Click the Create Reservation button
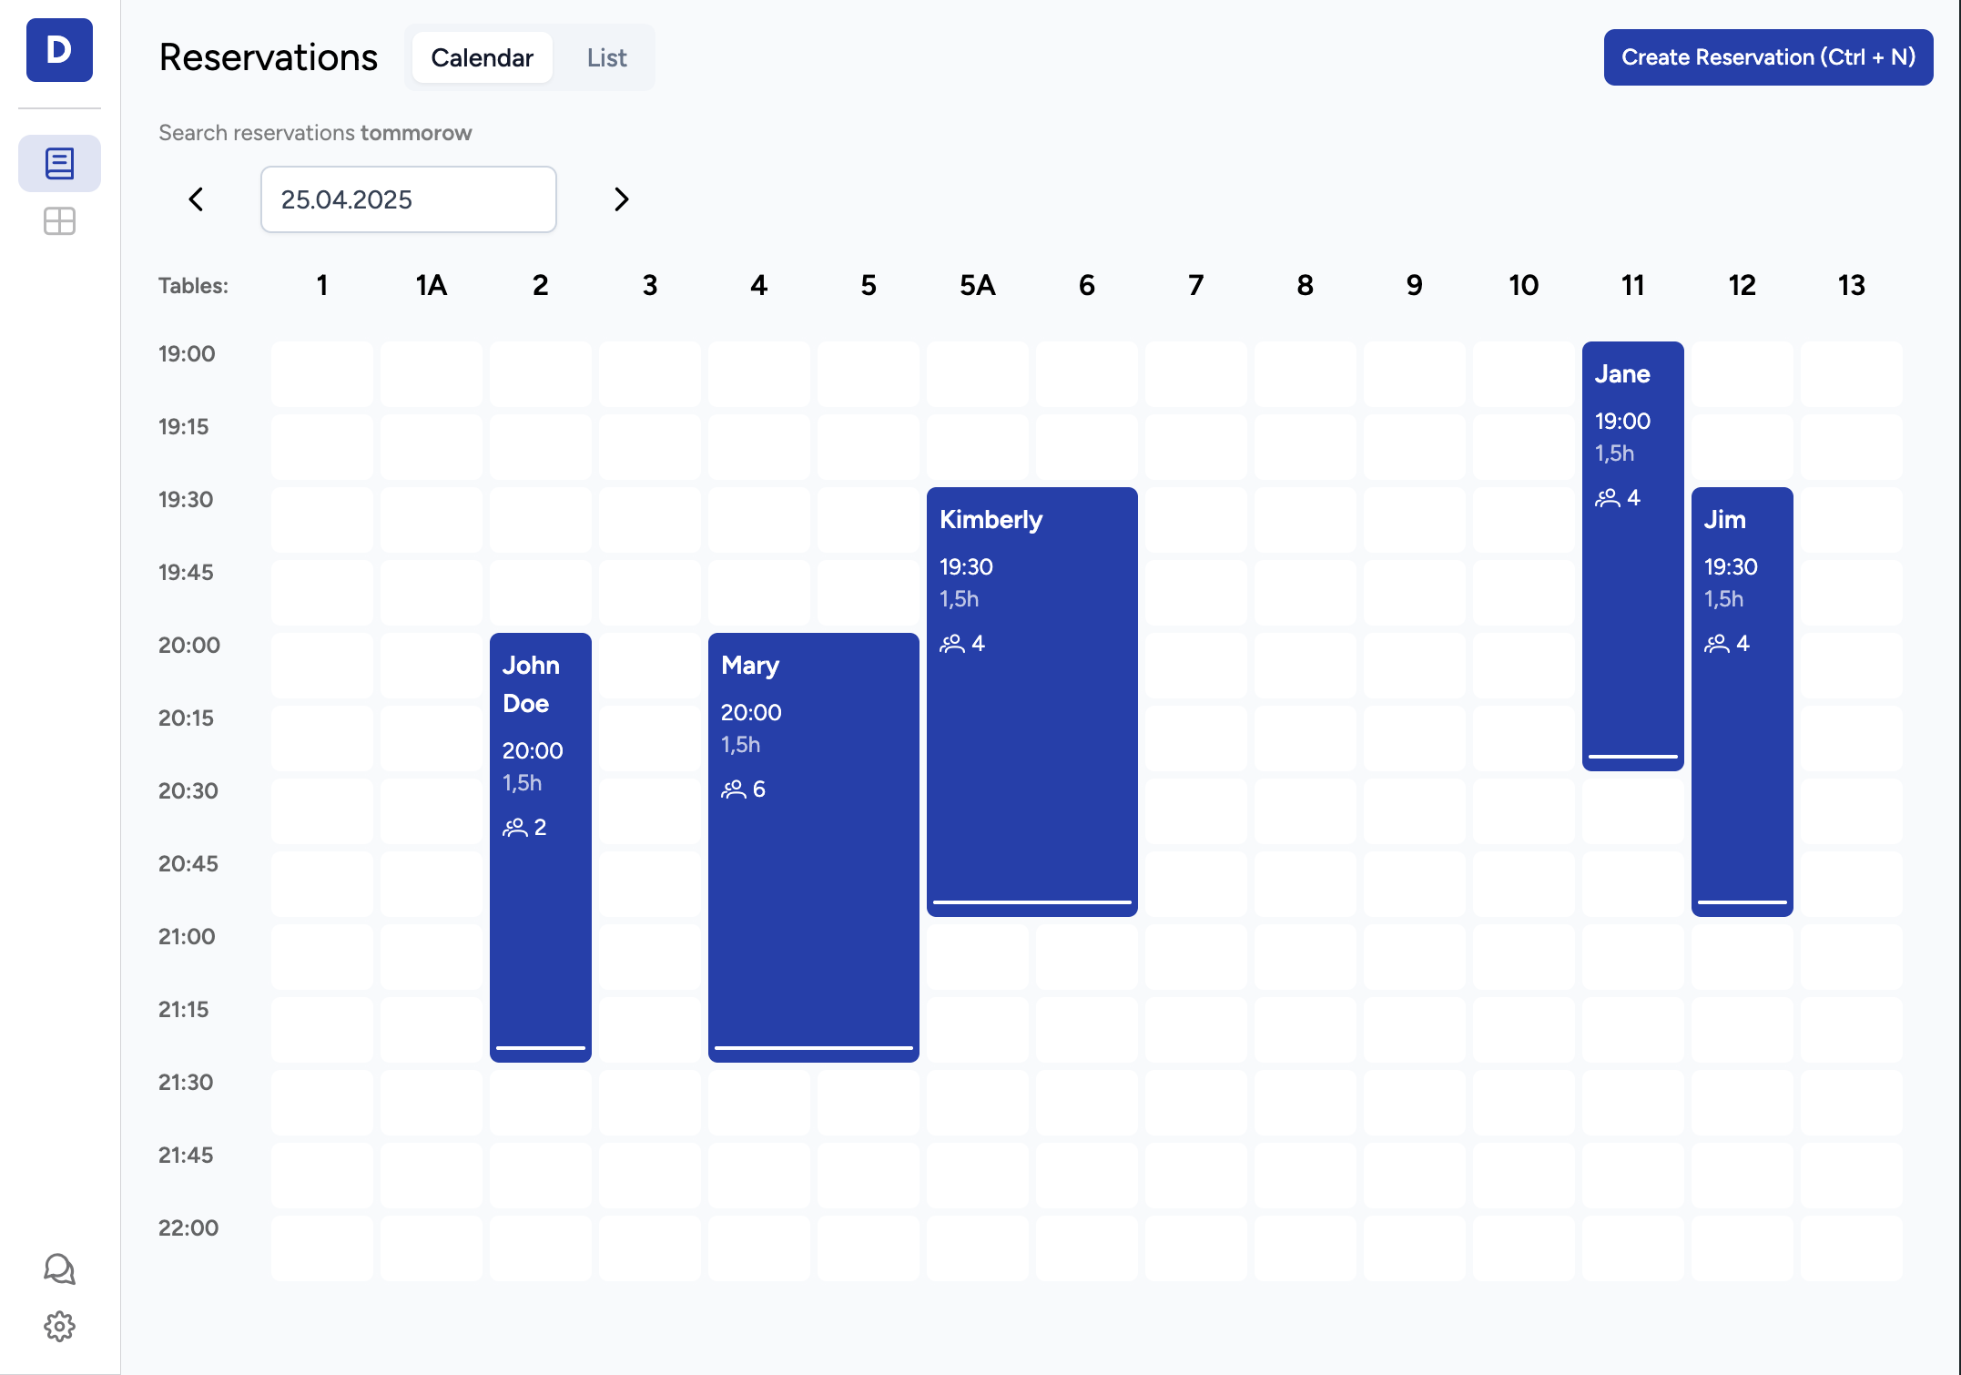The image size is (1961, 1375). [1767, 57]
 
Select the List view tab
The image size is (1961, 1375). [606, 57]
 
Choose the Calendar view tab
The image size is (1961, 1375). [482, 57]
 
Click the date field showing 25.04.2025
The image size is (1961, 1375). [408, 199]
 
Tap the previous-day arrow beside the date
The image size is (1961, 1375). [196, 199]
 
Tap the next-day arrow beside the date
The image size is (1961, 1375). [621, 199]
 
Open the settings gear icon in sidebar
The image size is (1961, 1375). [59, 1326]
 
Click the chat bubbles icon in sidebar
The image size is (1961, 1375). [59, 1268]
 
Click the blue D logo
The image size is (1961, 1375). [59, 50]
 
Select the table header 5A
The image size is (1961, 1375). [977, 286]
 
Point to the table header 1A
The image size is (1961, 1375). [431, 286]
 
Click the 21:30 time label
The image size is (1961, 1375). [186, 1082]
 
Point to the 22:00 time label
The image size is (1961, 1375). [188, 1227]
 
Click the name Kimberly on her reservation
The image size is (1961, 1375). [991, 520]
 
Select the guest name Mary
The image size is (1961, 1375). [750, 666]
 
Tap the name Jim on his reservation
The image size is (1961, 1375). [1724, 520]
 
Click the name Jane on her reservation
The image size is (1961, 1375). [1622, 374]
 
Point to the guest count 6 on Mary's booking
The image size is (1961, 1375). [758, 789]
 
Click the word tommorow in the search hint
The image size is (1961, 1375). [416, 133]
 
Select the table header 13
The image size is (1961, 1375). [1851, 286]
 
